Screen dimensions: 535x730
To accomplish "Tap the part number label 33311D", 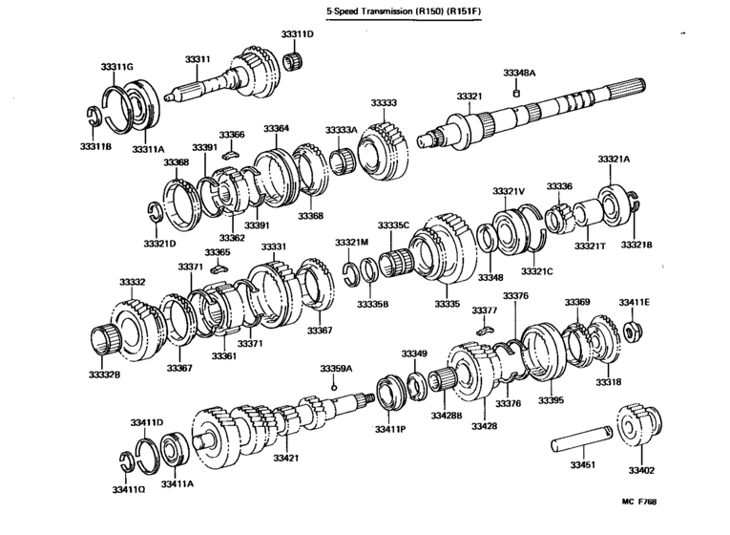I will [297, 34].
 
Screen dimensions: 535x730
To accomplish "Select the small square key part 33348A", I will [516, 94].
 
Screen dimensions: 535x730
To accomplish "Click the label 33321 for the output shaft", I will [469, 96].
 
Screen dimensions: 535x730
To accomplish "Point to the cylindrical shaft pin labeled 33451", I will [581, 441].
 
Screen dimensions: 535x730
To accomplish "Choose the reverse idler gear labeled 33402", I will [640, 429].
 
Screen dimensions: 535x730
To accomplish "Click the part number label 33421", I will [286, 459].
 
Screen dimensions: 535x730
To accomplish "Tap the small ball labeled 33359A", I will [334, 385].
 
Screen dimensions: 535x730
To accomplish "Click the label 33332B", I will [104, 374].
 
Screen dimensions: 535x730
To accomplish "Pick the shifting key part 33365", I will [217, 269].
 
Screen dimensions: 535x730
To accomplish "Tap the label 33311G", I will [116, 66].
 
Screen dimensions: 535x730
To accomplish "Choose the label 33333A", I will [341, 129].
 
